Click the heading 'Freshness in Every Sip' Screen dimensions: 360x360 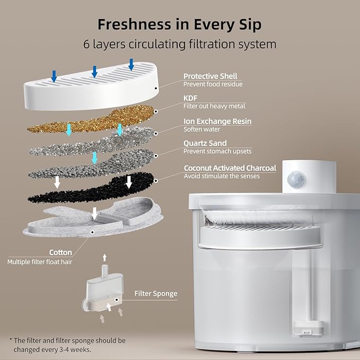(x=180, y=25)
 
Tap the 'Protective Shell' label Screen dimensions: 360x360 (x=210, y=76)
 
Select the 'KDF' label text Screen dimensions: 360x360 (x=190, y=98)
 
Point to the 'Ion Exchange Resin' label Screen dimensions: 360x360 (x=217, y=121)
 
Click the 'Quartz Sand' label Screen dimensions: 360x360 (x=205, y=143)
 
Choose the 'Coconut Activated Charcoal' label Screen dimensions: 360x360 (x=230, y=168)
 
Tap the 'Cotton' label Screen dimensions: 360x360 (x=60, y=252)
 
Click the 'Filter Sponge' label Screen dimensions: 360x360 (x=156, y=293)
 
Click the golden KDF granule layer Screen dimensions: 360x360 (x=92, y=119)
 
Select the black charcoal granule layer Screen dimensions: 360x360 (x=92, y=189)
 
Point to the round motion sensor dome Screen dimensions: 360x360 (x=296, y=180)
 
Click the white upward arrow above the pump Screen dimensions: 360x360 (x=104, y=258)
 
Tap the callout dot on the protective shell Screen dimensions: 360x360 (x=156, y=88)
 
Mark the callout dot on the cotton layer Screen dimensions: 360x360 (x=92, y=232)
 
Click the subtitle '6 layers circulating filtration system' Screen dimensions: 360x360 (x=180, y=44)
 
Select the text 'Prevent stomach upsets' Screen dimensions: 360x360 (x=217, y=151)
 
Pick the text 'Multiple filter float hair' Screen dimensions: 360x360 (x=40, y=262)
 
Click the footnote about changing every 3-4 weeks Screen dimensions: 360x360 (x=67, y=345)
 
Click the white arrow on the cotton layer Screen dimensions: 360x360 (x=94, y=214)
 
